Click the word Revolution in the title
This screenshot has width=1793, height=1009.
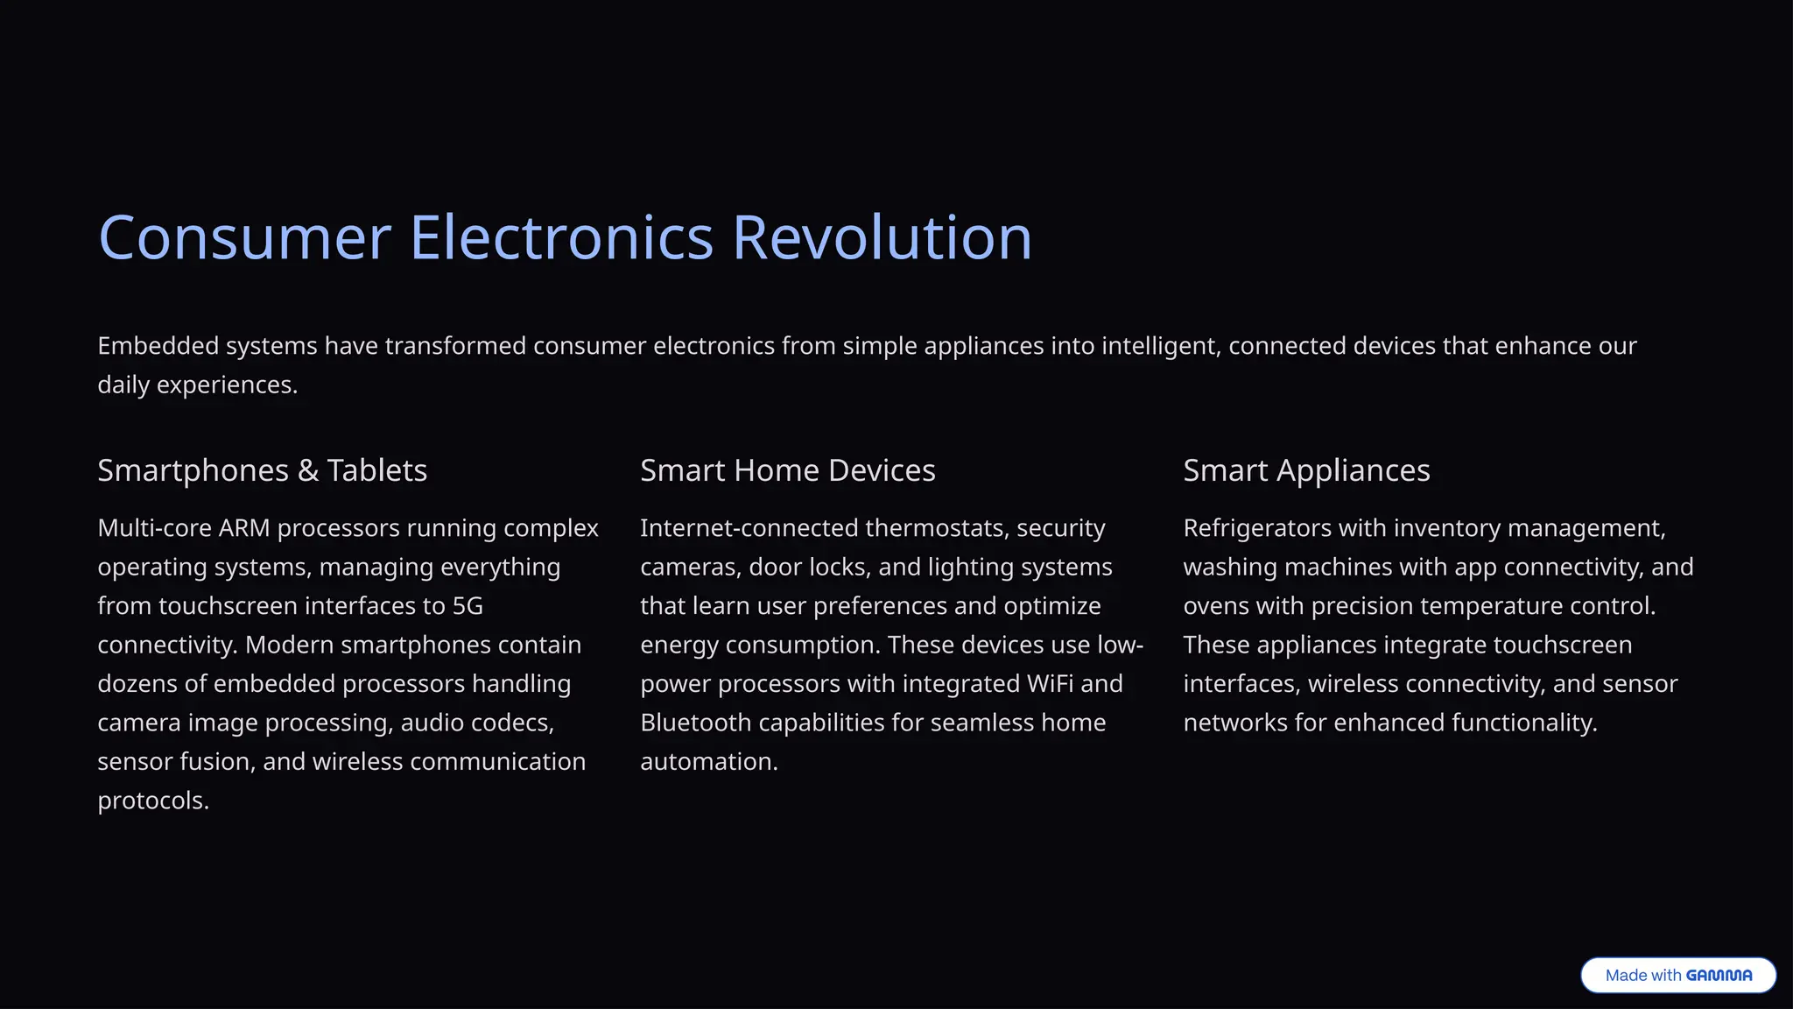[x=882, y=237]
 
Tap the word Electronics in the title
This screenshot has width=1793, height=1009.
[x=561, y=237]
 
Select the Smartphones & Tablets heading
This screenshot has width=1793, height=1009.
[x=262, y=470]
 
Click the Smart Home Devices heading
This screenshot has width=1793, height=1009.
[x=787, y=470]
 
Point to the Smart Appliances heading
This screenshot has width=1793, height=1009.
[x=1306, y=470]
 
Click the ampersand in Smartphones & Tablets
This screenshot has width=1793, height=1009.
[x=308, y=471]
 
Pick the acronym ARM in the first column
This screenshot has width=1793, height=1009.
[x=244, y=528]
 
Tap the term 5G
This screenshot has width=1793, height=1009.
[x=468, y=606]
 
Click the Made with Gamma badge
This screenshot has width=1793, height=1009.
[x=1677, y=975]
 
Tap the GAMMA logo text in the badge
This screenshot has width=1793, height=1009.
[x=1719, y=975]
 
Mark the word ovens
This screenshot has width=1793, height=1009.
[x=1214, y=606]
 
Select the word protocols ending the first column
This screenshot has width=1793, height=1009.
[x=152, y=801]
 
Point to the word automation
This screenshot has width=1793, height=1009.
[x=708, y=762]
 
